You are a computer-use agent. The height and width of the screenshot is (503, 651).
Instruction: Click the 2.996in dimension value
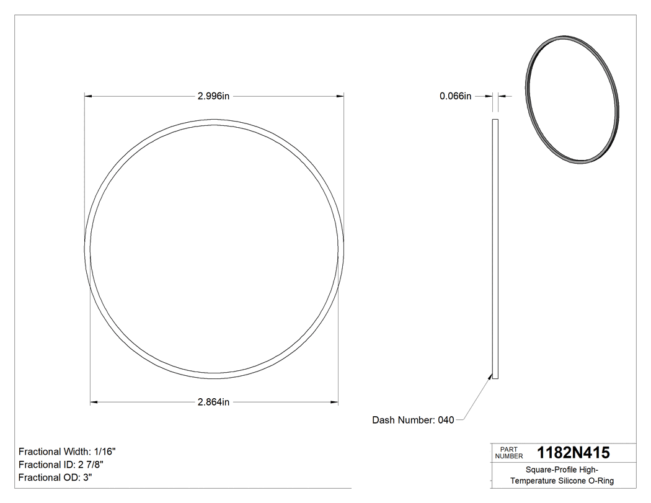214,96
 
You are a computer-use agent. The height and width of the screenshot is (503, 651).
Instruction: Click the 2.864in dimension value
214,403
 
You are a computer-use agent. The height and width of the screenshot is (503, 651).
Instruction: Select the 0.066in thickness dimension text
456,96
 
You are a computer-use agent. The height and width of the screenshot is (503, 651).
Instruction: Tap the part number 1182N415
573,453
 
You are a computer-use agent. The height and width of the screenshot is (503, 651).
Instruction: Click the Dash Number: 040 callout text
413,420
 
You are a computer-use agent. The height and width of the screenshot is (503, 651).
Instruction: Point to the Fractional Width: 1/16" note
68,452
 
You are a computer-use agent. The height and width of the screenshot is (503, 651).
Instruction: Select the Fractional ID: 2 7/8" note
61,465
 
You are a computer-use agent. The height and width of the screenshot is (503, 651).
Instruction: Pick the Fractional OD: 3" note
56,478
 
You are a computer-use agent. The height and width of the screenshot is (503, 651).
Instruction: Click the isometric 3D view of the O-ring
572,100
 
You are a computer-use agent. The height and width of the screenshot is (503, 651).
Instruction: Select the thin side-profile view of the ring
495,248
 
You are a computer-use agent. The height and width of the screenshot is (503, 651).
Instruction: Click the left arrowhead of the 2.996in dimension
87,96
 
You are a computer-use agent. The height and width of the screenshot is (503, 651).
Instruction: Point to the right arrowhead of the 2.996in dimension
340,96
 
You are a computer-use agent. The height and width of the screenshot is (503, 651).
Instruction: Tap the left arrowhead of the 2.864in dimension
94,403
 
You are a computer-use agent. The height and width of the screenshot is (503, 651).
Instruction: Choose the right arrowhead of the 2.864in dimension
334,403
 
